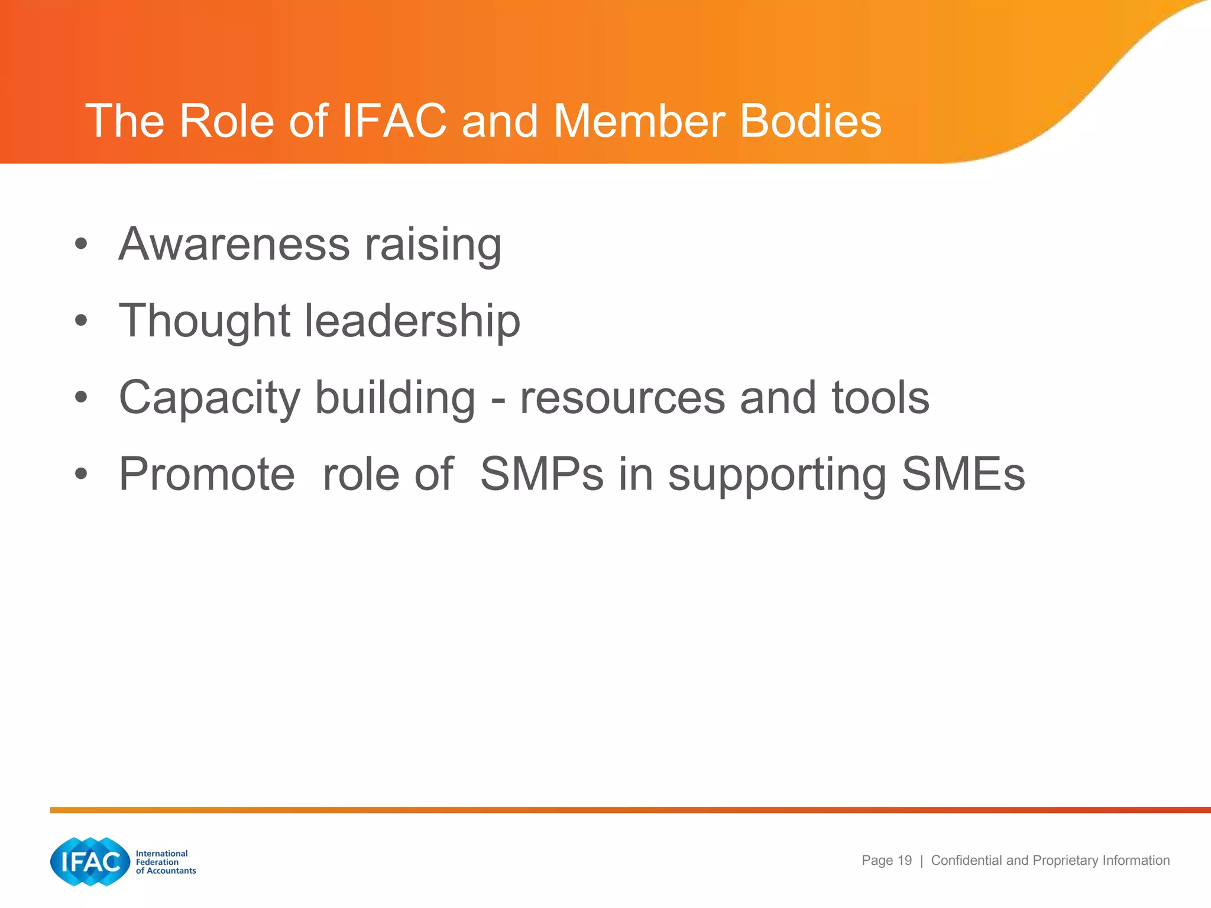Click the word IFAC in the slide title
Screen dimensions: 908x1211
394,121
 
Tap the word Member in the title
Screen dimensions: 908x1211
639,121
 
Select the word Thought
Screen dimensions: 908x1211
204,321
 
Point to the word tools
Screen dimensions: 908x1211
880,397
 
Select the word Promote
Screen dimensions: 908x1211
207,474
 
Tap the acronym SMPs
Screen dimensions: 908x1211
542,474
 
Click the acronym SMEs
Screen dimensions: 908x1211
963,474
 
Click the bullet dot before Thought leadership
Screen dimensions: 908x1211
82,321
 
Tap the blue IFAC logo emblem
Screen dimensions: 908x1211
90,861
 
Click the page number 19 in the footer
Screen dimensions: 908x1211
905,861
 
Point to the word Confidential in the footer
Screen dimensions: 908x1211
967,861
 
